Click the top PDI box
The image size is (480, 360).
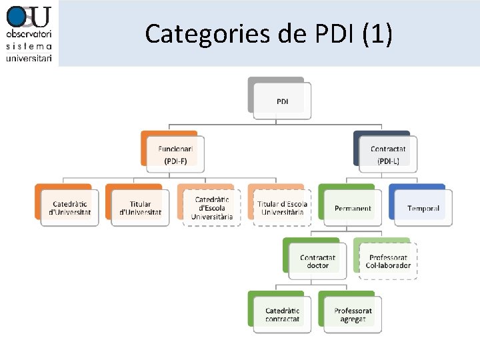click(283, 101)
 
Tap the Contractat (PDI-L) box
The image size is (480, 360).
click(387, 154)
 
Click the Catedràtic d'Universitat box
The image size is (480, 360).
click(69, 207)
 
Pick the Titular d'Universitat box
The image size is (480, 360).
click(140, 207)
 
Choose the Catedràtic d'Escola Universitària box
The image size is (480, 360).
click(211, 207)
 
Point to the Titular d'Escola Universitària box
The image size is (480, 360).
click(282, 207)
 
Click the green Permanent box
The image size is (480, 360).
click(353, 207)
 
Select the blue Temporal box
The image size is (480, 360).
click(423, 207)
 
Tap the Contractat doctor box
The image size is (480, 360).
click(317, 261)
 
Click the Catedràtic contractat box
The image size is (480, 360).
click(282, 314)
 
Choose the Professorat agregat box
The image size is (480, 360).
click(353, 314)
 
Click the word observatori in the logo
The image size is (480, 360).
click(29, 33)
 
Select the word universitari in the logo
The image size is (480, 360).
click(29, 58)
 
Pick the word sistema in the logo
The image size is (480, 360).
click(29, 46)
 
